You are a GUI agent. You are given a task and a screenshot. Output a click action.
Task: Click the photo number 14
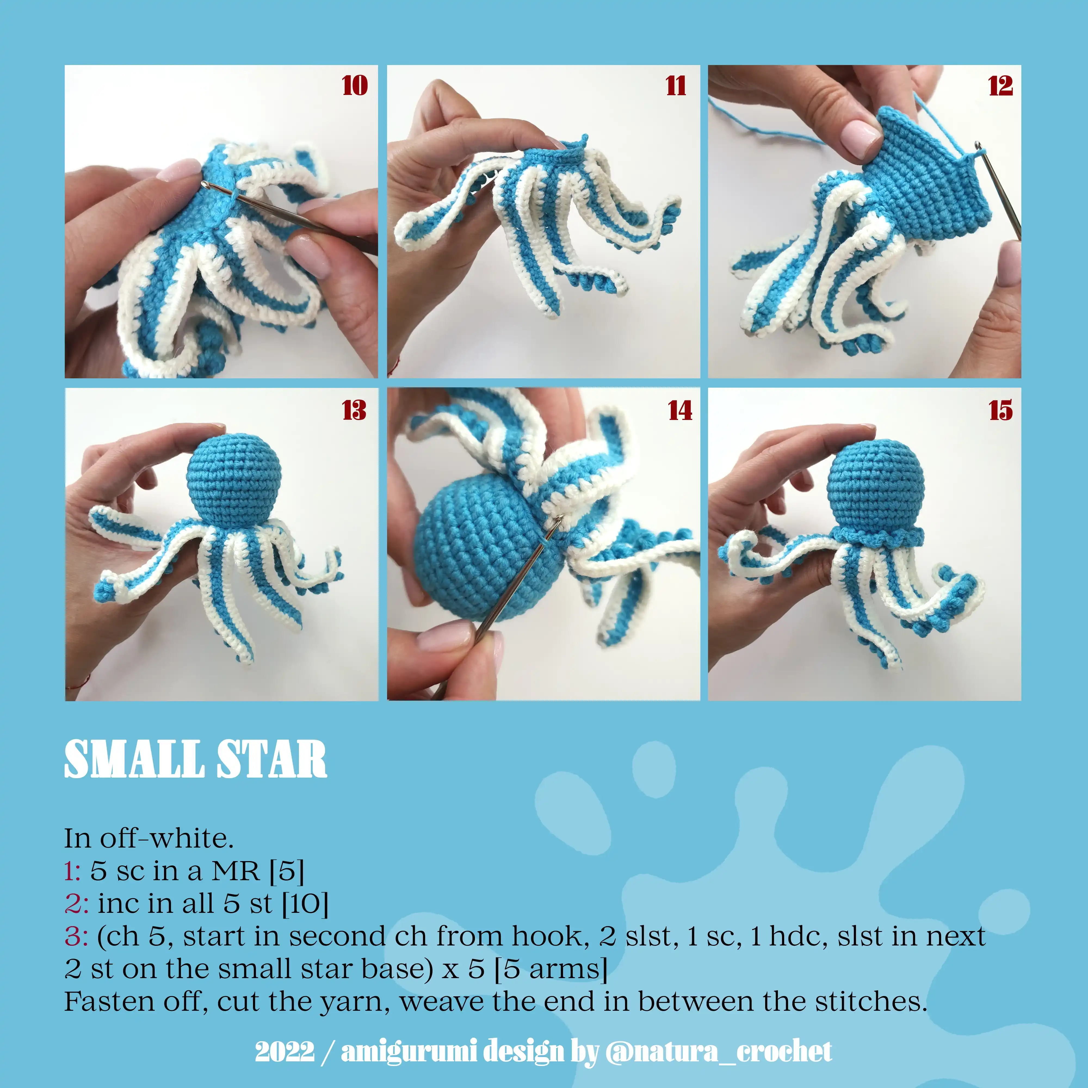tap(680, 410)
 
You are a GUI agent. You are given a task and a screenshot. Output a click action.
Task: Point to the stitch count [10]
tap(305, 904)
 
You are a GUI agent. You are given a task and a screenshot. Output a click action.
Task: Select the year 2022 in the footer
tap(285, 1051)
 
